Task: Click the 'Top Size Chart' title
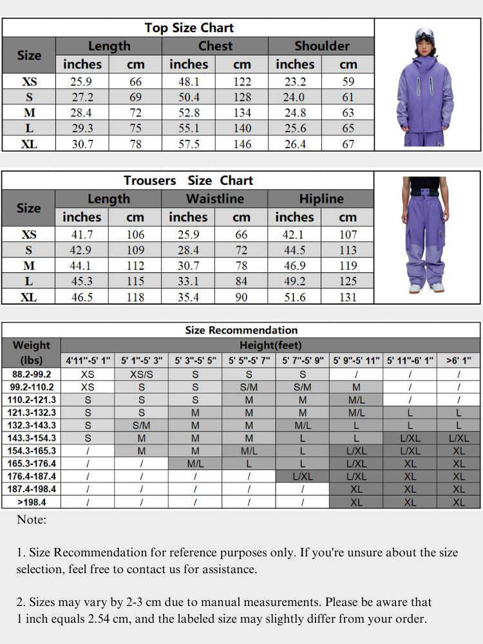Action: click(189, 28)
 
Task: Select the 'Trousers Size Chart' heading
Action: click(188, 180)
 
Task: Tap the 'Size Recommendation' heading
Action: click(241, 330)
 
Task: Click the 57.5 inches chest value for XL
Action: click(189, 144)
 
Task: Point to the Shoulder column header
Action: click(321, 46)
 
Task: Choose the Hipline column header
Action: click(321, 199)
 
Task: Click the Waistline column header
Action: click(215, 199)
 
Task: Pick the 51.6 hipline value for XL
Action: click(294, 297)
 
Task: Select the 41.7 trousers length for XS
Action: click(82, 235)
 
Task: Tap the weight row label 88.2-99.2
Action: click(32, 374)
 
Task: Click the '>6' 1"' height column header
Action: click(459, 361)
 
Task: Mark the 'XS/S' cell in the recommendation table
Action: click(142, 374)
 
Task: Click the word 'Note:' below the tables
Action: click(32, 520)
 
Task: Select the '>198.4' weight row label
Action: click(32, 502)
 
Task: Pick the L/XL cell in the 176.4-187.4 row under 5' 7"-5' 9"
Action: click(303, 477)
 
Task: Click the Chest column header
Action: click(215, 46)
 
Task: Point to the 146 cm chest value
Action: click(242, 144)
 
